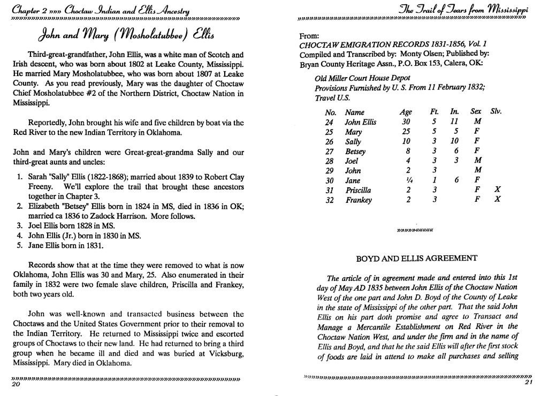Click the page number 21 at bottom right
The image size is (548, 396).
click(528, 382)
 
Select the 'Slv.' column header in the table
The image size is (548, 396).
click(496, 112)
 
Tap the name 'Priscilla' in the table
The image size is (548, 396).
click(358, 190)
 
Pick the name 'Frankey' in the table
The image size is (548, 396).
click(359, 200)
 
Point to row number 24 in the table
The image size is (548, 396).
click(330, 122)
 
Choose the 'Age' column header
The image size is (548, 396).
click(406, 112)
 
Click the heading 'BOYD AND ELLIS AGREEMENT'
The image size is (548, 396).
click(416, 258)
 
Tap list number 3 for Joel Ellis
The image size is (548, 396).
click(19, 226)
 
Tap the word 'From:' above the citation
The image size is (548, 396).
click(310, 35)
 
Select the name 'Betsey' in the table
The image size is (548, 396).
click(355, 151)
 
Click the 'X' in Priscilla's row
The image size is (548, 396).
click(498, 190)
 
